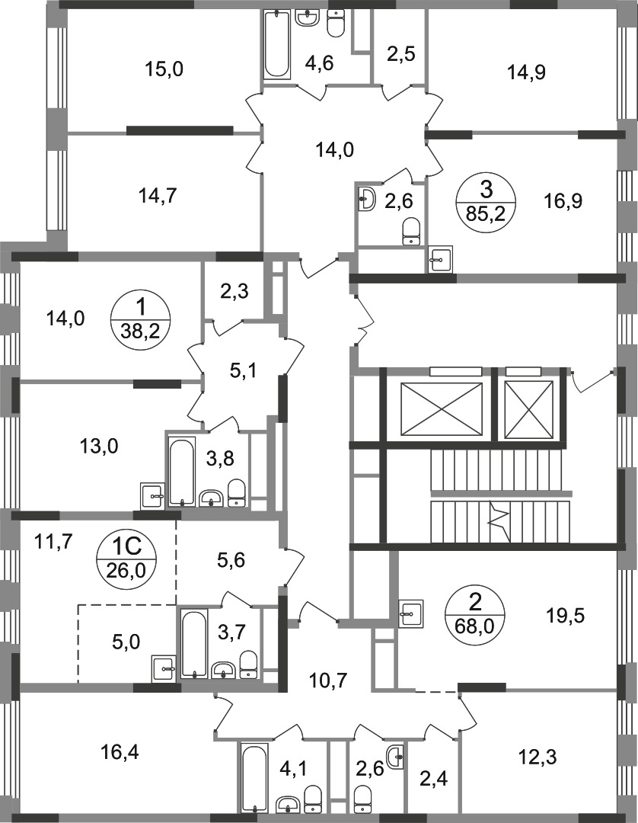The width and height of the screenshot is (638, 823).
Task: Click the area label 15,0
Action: tap(164, 70)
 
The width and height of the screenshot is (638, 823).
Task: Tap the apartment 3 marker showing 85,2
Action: tap(486, 200)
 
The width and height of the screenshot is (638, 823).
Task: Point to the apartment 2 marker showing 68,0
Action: tap(476, 611)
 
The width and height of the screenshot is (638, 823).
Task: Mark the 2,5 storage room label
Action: tap(398, 56)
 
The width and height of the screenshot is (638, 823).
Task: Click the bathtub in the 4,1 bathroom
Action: tap(254, 777)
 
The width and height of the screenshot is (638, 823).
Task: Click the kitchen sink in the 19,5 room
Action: tap(412, 610)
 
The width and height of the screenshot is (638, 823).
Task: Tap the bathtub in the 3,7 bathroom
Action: tap(194, 644)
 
